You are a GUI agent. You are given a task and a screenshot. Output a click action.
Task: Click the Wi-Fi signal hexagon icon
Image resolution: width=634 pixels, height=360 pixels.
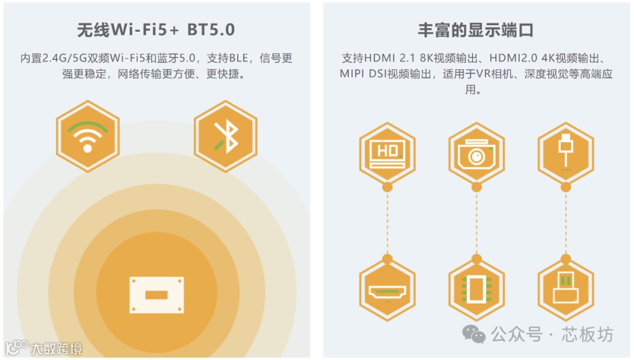pos(87,136)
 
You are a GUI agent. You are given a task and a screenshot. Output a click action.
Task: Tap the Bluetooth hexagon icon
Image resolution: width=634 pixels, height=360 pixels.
pos(225,136)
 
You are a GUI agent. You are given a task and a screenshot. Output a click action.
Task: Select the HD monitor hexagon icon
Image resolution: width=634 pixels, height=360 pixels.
pos(387,152)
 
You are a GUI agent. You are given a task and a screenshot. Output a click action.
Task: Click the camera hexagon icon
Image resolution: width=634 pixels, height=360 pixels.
pos(476,152)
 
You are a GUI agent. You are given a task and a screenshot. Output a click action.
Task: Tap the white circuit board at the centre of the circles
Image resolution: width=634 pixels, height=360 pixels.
pos(156,294)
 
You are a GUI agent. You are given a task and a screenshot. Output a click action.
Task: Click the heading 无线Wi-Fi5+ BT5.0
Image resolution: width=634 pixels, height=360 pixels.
pos(156,31)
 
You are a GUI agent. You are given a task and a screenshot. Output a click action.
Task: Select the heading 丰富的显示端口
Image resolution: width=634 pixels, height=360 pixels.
pos(475,31)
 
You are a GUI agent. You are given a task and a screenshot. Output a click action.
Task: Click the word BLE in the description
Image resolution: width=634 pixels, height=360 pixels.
pos(238,59)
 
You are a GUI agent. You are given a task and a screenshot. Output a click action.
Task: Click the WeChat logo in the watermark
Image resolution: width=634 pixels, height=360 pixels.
pos(474,335)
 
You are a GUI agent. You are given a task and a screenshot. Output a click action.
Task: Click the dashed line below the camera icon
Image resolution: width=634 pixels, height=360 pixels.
pos(476,223)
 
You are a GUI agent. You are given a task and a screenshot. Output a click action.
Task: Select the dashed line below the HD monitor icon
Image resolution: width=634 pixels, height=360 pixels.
pos(387,223)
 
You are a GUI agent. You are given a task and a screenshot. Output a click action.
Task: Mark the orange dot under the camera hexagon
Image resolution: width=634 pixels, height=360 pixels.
pos(476,187)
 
